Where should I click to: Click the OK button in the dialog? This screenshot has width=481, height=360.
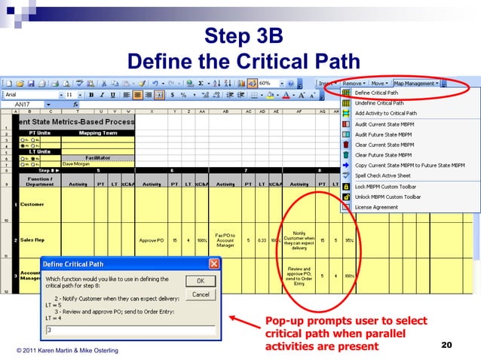[201, 281]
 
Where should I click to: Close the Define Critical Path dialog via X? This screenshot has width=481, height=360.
[214, 264]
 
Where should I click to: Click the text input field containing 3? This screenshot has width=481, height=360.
[130, 329]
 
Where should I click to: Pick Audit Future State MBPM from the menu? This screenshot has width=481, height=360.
[384, 134]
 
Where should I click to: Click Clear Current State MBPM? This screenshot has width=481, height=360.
[384, 145]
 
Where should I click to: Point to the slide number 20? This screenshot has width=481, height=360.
[446, 345]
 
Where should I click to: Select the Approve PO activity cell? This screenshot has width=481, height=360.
[151, 240]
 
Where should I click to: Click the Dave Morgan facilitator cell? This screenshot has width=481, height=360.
[76, 163]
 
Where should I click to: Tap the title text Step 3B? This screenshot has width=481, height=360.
[240, 36]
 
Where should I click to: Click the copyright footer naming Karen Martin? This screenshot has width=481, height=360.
[68, 351]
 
